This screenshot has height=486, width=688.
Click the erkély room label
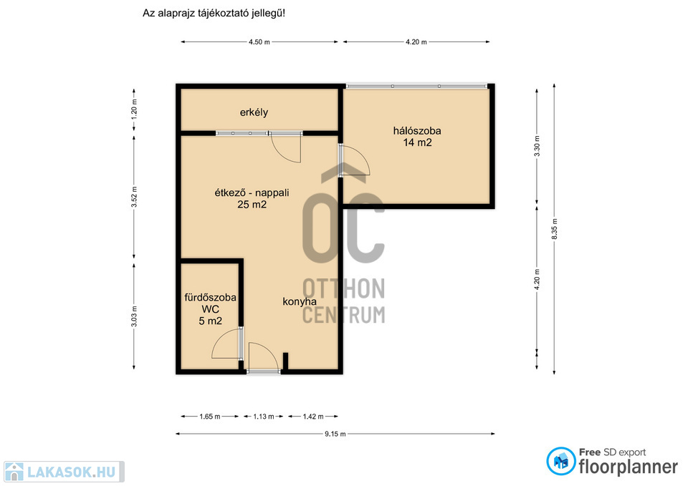click(x=254, y=112)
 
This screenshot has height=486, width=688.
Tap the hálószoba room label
click(x=417, y=130)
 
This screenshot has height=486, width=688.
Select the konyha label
click(x=300, y=301)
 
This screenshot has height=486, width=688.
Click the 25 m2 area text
click(x=252, y=204)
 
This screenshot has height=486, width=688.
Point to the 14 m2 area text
click(x=417, y=142)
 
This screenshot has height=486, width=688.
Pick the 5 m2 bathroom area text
click(x=210, y=321)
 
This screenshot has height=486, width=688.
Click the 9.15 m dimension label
click(x=335, y=434)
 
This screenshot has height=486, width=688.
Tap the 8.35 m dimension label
click(x=554, y=229)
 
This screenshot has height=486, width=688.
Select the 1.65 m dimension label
click(x=210, y=417)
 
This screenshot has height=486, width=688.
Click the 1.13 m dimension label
click(x=263, y=417)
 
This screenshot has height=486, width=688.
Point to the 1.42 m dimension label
click(x=313, y=417)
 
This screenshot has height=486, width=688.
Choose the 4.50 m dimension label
click(x=259, y=42)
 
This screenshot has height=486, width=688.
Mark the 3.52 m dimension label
click(x=134, y=198)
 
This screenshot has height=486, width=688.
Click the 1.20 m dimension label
click(x=134, y=110)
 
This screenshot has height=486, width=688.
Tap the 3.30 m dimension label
click(x=537, y=146)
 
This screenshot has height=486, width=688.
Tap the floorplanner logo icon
click(x=560, y=461)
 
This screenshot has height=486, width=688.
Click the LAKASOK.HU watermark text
click(x=72, y=472)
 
